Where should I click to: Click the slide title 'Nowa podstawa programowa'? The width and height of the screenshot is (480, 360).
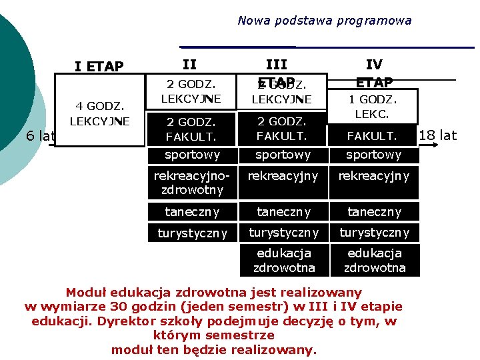click(324, 21)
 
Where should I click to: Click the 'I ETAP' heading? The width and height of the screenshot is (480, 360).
click(99, 66)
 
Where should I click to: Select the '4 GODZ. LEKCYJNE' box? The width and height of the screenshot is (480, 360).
click(99, 113)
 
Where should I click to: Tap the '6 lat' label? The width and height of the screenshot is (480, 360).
click(39, 136)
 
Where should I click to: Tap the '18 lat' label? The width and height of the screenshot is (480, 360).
click(438, 135)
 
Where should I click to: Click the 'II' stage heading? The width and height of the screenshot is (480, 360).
click(189, 65)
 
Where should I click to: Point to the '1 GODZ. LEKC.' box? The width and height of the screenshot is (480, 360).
click(373, 107)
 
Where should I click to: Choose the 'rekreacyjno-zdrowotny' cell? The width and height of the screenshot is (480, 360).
click(192, 183)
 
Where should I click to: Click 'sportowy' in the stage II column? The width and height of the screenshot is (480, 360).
click(192, 155)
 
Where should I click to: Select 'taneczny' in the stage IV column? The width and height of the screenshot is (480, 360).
click(373, 212)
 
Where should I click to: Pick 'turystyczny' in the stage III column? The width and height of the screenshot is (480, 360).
click(283, 233)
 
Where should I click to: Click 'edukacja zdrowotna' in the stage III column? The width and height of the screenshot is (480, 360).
click(283, 260)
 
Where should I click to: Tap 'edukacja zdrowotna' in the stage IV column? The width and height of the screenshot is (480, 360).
click(373, 260)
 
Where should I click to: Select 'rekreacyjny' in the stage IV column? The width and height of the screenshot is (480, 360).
click(373, 176)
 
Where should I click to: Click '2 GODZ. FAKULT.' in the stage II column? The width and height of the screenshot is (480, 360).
click(192, 129)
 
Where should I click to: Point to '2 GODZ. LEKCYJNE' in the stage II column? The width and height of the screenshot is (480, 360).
click(192, 92)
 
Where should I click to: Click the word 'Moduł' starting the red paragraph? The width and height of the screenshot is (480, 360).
click(86, 292)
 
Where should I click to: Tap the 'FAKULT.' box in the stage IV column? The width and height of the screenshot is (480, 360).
click(373, 136)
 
